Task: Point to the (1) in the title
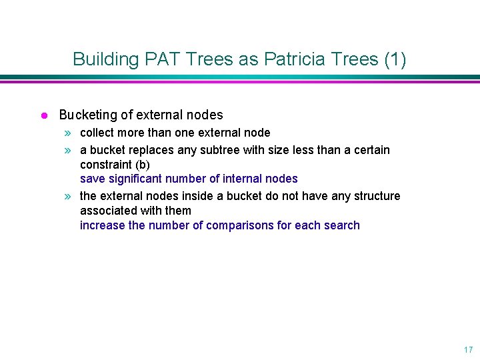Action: pos(395,59)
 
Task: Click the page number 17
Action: pos(467,349)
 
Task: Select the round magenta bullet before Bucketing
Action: pos(43,115)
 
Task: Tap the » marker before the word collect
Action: pos(69,133)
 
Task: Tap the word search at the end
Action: pos(342,225)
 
